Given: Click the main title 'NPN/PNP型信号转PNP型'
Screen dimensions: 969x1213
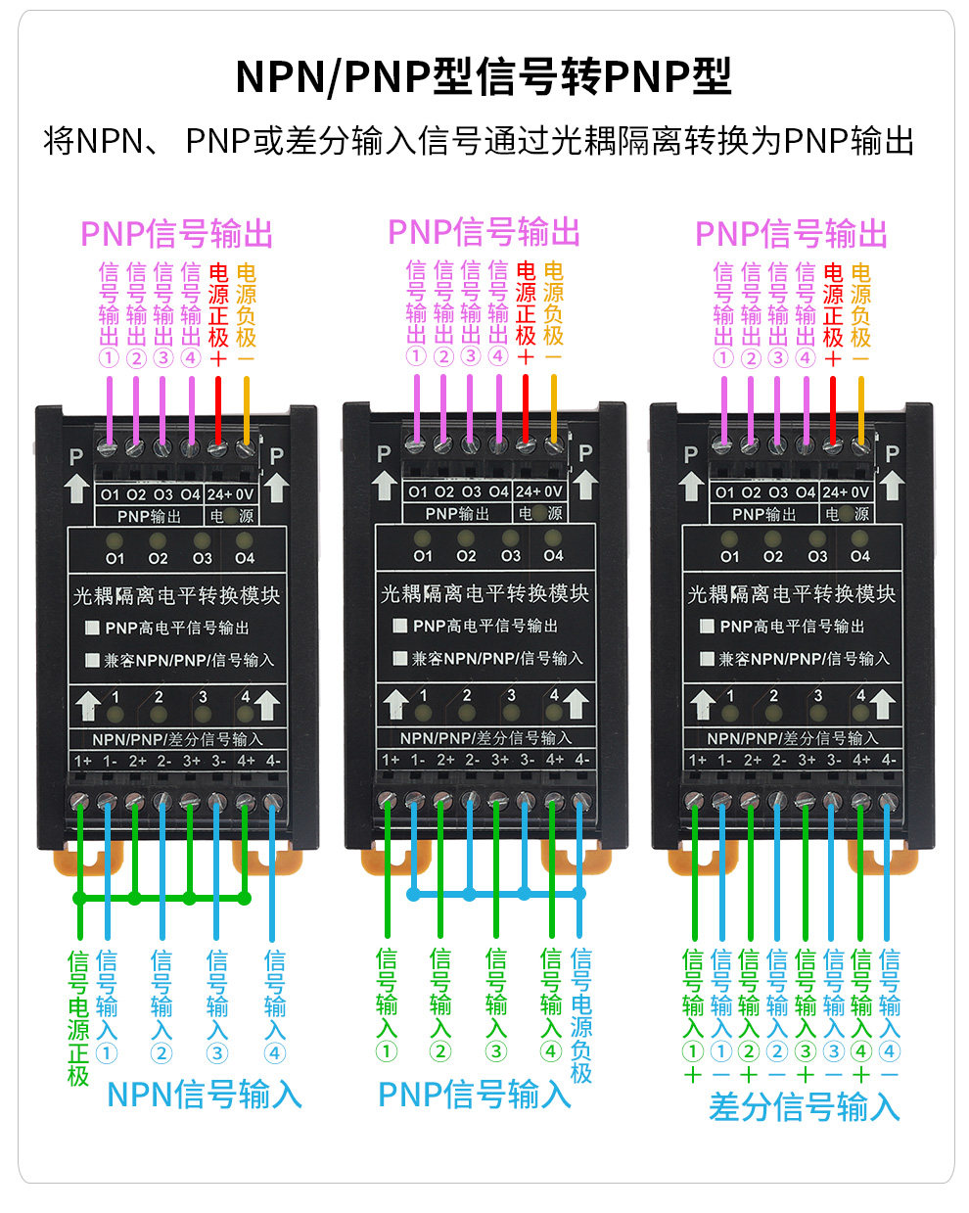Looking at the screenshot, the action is (x=484, y=77).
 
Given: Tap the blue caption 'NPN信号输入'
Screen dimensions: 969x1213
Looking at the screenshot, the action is (x=204, y=1096).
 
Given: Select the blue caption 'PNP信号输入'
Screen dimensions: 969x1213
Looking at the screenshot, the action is (x=475, y=1096).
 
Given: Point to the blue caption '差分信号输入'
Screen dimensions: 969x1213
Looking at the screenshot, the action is (x=804, y=1107).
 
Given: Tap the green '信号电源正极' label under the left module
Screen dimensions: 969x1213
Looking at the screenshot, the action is (x=78, y=1018).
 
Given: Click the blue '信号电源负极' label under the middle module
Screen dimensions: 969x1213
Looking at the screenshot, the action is (x=581, y=1015).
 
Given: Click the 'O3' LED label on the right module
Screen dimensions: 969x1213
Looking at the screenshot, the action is (x=817, y=557).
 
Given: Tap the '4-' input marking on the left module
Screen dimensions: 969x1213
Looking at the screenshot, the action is (x=273, y=761).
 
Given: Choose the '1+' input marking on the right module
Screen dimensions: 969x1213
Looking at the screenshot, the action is (x=697, y=760).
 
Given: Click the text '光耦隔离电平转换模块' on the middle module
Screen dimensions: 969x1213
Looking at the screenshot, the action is (x=484, y=594).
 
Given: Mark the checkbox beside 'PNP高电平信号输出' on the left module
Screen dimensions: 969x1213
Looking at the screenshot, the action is (x=92, y=628).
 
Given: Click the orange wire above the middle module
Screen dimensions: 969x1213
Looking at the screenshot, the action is (x=554, y=408).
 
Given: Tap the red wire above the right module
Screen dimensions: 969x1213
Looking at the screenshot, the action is (x=833, y=410).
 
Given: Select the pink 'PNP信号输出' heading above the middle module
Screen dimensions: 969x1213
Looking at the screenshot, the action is (x=484, y=232).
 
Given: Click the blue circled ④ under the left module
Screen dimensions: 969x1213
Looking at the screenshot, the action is (x=274, y=1053).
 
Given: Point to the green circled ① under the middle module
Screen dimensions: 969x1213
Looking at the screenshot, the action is (x=387, y=1051).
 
